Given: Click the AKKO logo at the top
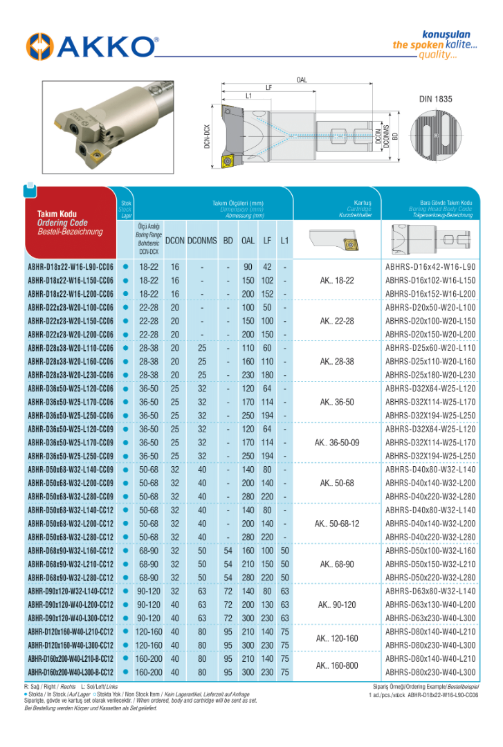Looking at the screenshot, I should (92, 47).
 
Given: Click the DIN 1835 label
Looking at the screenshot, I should (435, 99).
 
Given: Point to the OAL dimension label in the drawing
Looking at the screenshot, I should (302, 80).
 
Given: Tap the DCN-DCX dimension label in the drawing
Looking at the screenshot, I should (207, 137).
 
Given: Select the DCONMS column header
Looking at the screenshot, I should (202, 241).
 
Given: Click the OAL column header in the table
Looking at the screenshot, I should (248, 241).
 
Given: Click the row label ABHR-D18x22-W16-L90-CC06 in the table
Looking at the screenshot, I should (71, 267).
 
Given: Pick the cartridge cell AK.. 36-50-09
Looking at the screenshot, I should (337, 443).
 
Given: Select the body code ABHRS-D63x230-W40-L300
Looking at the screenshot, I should (430, 618).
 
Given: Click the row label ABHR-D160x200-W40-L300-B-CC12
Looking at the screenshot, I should (71, 672).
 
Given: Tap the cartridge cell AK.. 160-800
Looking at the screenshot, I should (337, 665).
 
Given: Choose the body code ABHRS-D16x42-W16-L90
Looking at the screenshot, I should (430, 267).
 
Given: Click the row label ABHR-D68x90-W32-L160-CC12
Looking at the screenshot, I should (71, 551).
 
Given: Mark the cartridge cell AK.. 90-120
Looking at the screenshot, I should (337, 605).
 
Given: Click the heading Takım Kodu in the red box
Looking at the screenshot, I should (57, 214).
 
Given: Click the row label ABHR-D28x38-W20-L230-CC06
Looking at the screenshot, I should (71, 375).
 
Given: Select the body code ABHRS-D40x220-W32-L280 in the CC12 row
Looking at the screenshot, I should (430, 537).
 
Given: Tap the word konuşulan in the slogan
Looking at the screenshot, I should (446, 34).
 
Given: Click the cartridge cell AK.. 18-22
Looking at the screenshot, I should (337, 280).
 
